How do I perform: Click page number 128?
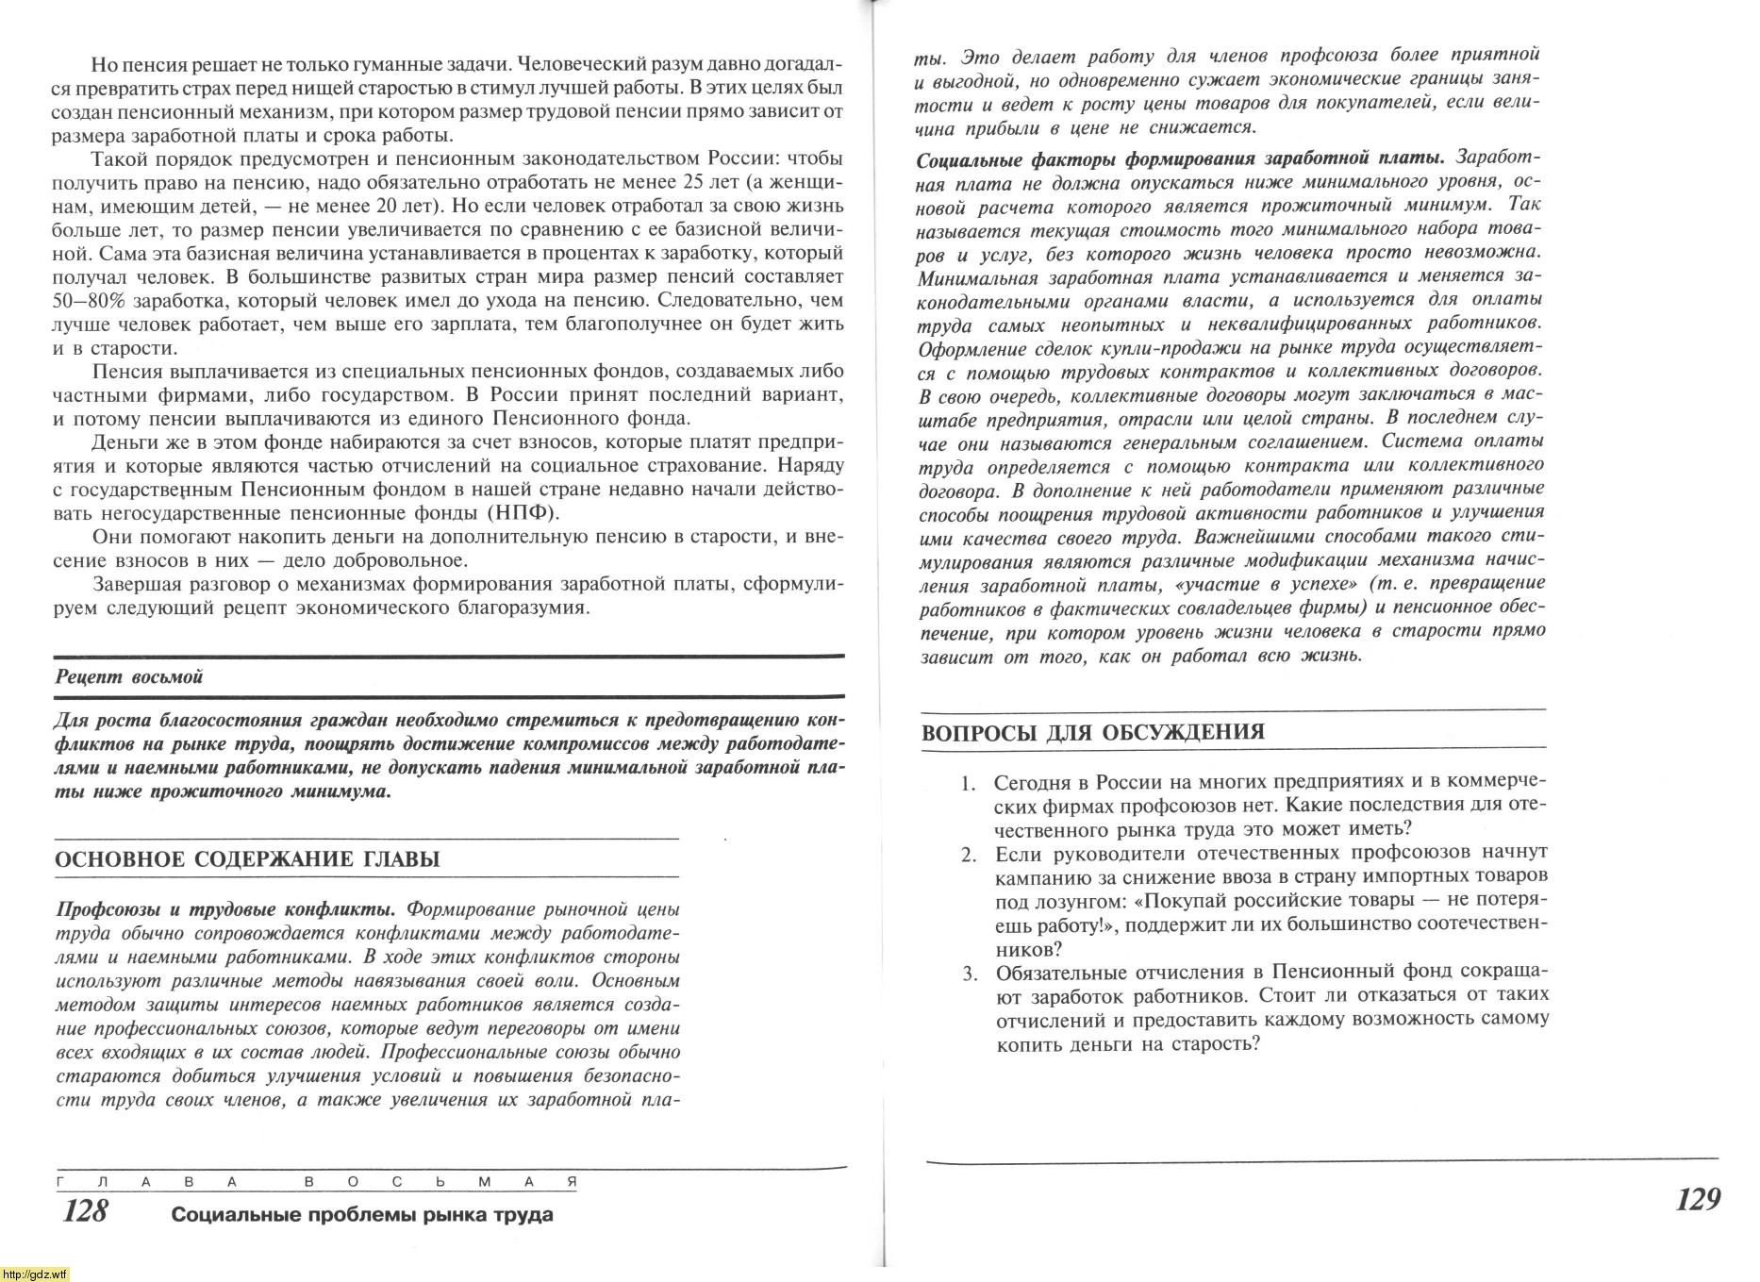[x=86, y=1210]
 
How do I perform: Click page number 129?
[x=1698, y=1199]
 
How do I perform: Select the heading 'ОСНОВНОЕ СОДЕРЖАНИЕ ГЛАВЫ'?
[x=247, y=859]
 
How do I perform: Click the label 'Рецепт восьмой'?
[x=129, y=676]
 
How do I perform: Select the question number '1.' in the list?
[x=967, y=783]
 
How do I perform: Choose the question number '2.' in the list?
[x=968, y=855]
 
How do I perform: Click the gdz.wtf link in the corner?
[x=34, y=1274]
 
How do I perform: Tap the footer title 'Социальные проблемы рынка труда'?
[x=361, y=1215]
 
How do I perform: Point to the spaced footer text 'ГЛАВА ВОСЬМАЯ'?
[x=315, y=1181]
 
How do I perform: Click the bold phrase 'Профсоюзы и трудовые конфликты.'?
[x=226, y=909]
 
